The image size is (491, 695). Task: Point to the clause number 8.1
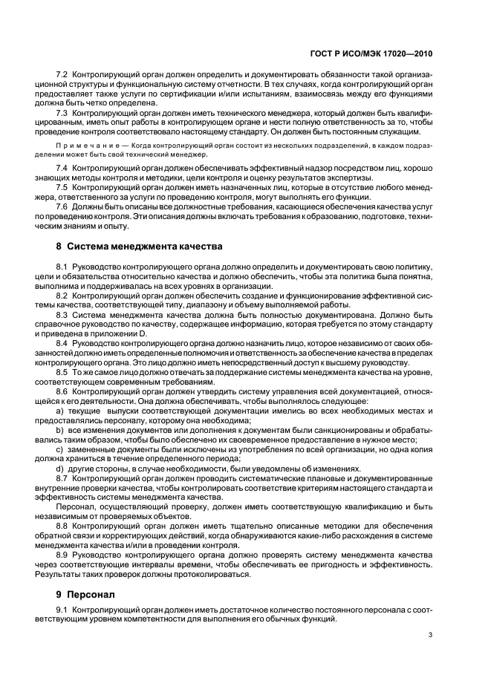(x=62, y=266)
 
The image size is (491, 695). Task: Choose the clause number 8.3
(x=62, y=314)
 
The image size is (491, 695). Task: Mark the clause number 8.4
(x=62, y=343)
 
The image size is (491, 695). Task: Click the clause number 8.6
(x=62, y=391)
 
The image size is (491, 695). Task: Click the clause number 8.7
(x=62, y=479)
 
